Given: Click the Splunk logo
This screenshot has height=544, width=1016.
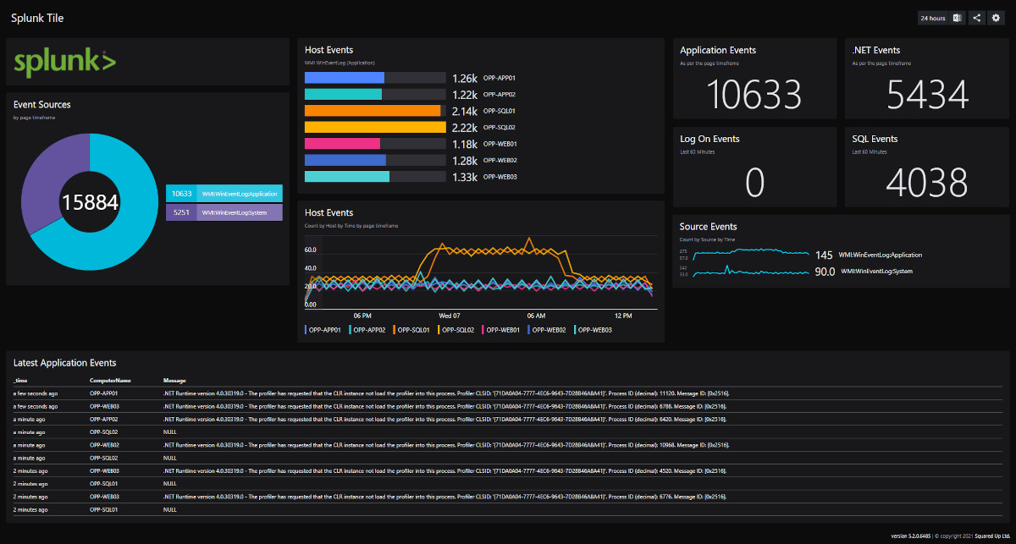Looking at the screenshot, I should point(65,63).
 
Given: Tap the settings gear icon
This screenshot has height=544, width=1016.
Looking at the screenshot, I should point(996,18).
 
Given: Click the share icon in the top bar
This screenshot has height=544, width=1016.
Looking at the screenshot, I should point(976,18).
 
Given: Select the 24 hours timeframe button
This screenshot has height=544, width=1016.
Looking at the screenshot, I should point(933,18).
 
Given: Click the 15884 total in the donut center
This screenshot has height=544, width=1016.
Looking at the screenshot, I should point(89,201).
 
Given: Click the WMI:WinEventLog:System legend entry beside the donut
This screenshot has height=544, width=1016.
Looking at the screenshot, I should point(224,213).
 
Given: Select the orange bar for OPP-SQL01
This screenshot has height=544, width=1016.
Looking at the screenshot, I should point(373,111).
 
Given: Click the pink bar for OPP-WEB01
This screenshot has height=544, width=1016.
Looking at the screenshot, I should point(343,144).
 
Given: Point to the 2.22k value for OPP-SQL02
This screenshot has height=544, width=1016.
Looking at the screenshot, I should point(465,128).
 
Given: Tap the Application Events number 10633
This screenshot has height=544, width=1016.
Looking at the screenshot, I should point(754,94).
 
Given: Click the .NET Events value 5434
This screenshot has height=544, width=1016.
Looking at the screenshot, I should point(927,94).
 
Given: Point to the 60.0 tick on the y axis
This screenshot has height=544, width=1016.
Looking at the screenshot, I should point(310,250).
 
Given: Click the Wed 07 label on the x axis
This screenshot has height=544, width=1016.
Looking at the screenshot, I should point(449,315).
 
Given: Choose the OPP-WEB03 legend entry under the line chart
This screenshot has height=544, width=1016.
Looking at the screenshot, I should point(593,330).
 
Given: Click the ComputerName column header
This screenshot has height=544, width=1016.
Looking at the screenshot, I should point(110,381).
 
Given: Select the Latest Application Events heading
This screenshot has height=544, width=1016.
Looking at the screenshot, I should point(65,362).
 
